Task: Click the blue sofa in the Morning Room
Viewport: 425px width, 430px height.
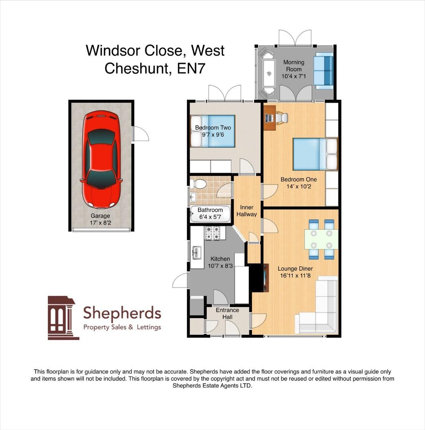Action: point(324,70)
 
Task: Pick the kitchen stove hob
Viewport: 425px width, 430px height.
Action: point(213,233)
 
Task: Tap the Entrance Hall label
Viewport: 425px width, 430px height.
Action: point(227,313)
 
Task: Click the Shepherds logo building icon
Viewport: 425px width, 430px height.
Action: point(63,317)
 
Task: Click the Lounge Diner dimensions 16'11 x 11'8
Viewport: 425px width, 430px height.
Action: point(294,275)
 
